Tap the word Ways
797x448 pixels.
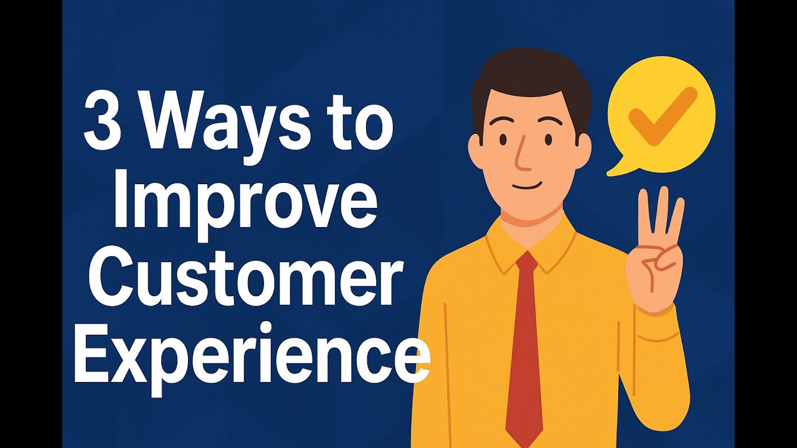click(225, 128)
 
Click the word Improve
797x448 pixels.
click(245, 205)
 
